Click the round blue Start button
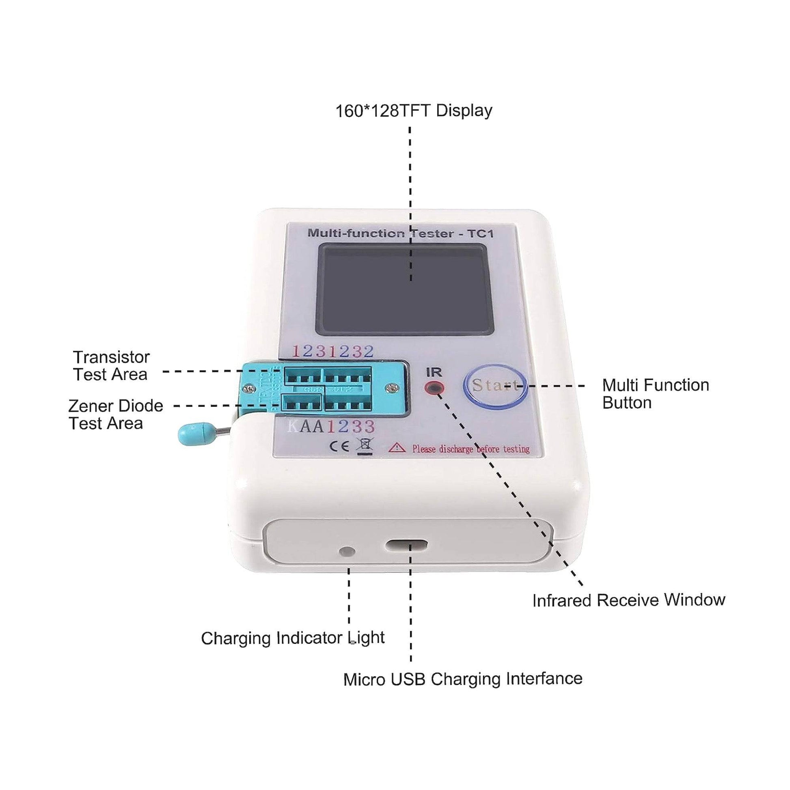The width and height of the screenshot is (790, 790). pos(494,386)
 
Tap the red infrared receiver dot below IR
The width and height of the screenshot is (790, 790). pos(434,388)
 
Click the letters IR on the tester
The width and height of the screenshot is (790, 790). pos(434,372)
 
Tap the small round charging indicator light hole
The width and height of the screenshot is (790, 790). pos(347,552)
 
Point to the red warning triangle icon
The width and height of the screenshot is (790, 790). pos(397,448)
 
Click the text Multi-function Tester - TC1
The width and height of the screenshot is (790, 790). pos(400,233)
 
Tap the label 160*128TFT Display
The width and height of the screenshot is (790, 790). pos(413,111)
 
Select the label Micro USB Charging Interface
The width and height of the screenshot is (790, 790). pos(462,679)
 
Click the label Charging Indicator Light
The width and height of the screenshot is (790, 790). pos(292,638)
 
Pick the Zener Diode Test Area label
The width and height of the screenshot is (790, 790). pos(115,414)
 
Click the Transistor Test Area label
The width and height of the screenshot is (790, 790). pos(111,366)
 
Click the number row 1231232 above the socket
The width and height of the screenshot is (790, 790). pos(333,351)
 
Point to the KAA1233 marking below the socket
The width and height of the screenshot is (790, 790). pos(331,427)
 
